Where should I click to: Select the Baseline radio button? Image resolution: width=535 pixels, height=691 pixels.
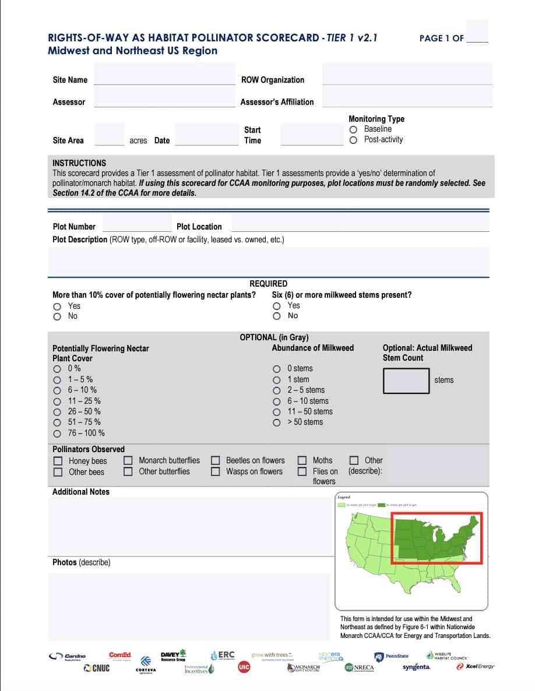pyautogui.click(x=353, y=129)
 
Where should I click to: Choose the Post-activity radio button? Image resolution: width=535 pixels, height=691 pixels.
pyautogui.click(x=353, y=140)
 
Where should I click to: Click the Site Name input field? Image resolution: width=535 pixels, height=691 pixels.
pyautogui.click(x=164, y=79)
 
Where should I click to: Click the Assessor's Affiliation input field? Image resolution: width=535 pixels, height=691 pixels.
pyautogui.click(x=407, y=101)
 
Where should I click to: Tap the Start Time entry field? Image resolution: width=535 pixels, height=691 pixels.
pyautogui.click(x=312, y=135)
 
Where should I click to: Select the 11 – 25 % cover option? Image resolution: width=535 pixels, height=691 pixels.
pyautogui.click(x=57, y=401)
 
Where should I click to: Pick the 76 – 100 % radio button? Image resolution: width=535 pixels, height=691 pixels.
pyautogui.click(x=57, y=433)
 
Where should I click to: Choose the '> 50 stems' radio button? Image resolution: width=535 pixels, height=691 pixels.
pyautogui.click(x=277, y=422)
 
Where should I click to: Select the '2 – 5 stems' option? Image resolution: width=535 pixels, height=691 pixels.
pyautogui.click(x=277, y=390)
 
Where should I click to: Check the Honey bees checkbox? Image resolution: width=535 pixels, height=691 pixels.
pyautogui.click(x=58, y=461)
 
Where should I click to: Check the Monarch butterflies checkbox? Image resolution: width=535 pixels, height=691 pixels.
pyautogui.click(x=128, y=461)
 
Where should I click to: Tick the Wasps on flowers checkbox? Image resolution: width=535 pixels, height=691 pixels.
pyautogui.click(x=216, y=472)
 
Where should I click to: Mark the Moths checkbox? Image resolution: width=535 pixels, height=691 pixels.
pyautogui.click(x=302, y=461)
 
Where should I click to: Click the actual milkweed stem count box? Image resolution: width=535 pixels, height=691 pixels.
pyautogui.click(x=406, y=380)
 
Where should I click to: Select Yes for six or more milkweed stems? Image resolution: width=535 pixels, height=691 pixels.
pyautogui.click(x=277, y=306)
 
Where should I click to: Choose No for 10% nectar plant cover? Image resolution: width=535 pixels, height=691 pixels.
pyautogui.click(x=57, y=316)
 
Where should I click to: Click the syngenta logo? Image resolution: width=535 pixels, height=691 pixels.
pyautogui.click(x=416, y=667)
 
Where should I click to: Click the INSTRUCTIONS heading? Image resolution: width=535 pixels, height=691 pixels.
pyautogui.click(x=79, y=163)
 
